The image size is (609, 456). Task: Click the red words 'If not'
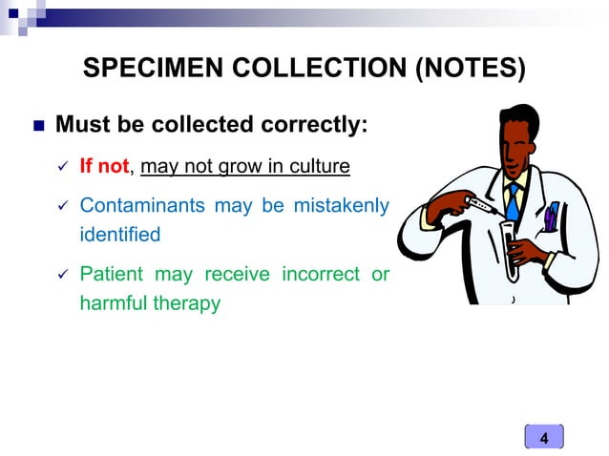[104, 167]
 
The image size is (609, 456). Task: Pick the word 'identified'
[119, 233]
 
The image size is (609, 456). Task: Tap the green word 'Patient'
[111, 275]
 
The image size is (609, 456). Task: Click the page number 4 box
[544, 438]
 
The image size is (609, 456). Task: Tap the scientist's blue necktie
[514, 201]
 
